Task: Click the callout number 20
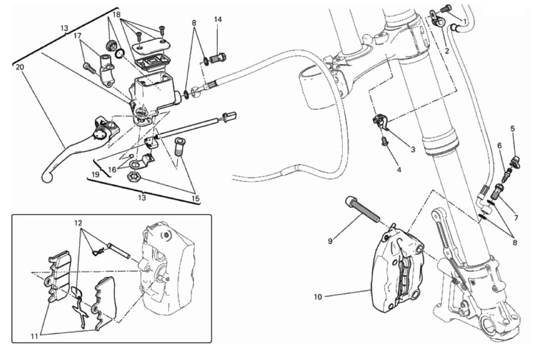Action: click(19, 67)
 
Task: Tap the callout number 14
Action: click(218, 20)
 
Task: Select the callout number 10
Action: click(317, 296)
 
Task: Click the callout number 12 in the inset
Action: click(79, 222)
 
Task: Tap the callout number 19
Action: click(94, 174)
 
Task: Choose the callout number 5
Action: click(513, 129)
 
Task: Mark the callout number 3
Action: click(413, 149)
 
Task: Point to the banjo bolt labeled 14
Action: click(218, 58)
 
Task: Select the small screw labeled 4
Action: click(384, 142)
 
